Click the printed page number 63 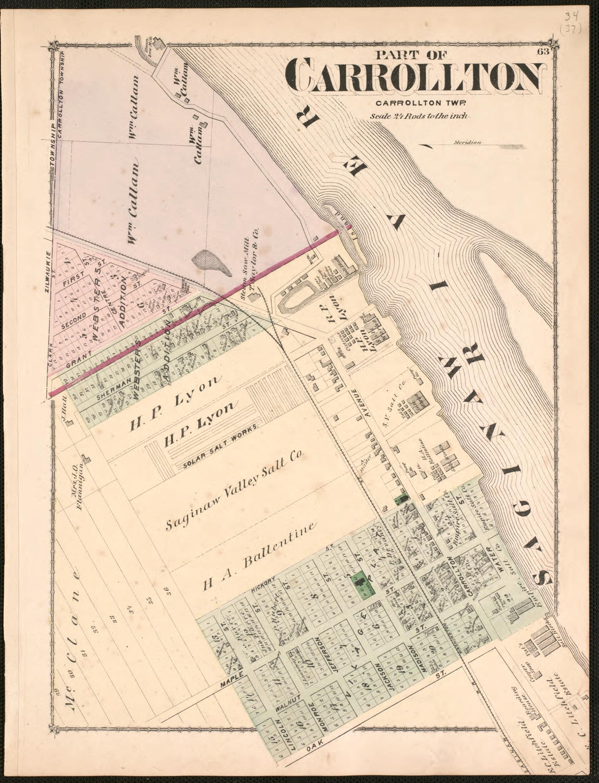(541, 52)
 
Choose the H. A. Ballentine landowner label (259, 557)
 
